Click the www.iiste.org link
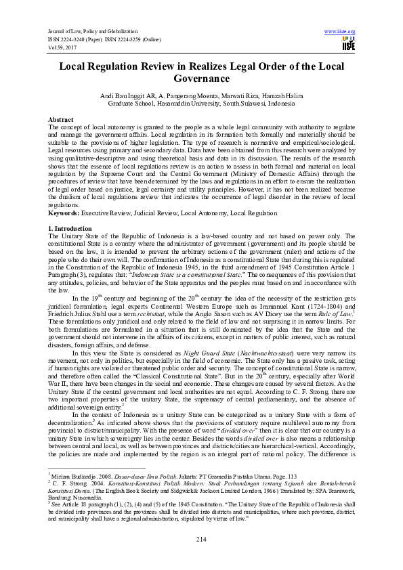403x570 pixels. tap(340, 32)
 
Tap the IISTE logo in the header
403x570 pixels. tap(349, 45)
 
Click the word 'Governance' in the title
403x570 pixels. tap(202, 79)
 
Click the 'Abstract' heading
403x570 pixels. tap(62, 119)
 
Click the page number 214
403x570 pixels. tap(201, 538)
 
